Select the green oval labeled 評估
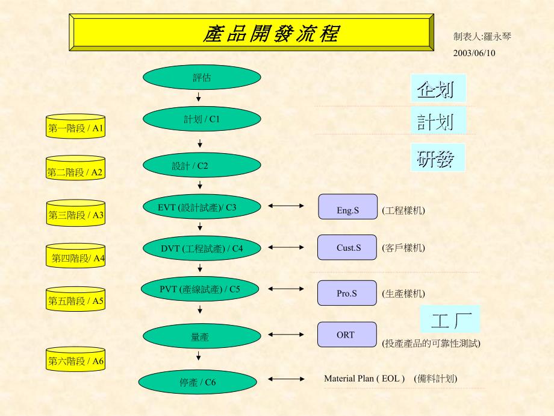202,77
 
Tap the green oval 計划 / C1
202,119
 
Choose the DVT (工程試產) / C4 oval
202,248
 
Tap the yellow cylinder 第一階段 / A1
76,127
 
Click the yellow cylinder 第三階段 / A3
76,214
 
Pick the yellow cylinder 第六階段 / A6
76,361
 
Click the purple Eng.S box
347,207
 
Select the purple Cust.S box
347,247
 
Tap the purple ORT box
346,335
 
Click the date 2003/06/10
474,53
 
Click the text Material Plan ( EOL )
364,379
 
